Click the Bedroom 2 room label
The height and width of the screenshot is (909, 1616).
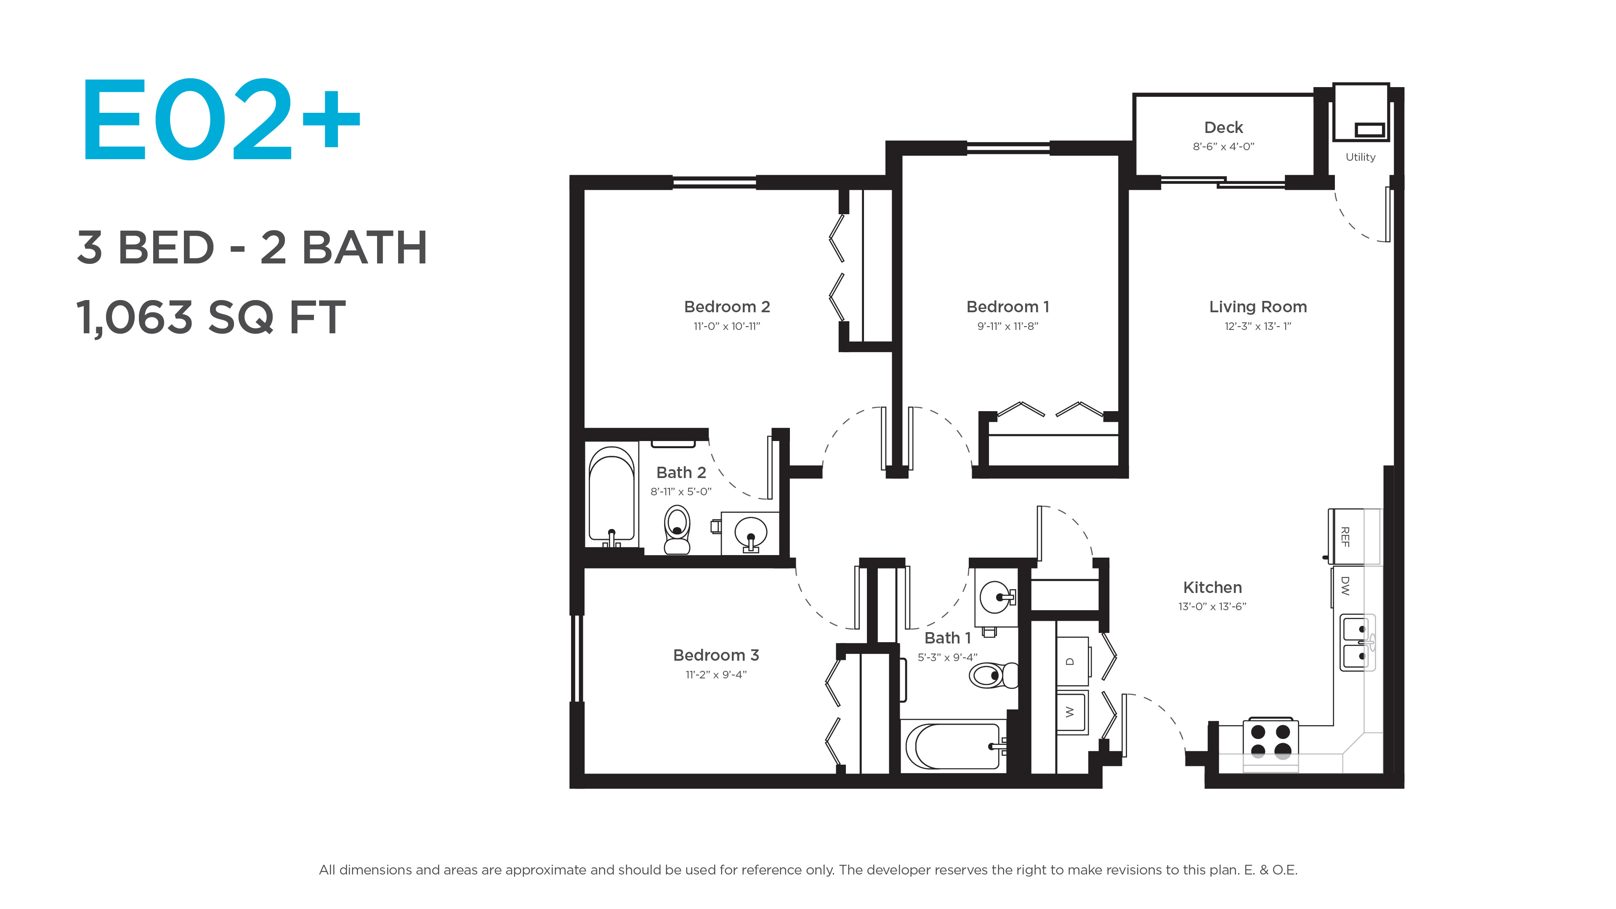[726, 307]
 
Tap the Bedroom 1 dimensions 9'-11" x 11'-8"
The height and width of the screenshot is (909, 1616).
[1007, 326]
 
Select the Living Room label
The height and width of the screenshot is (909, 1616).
[1258, 307]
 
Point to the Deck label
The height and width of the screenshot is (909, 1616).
[1223, 128]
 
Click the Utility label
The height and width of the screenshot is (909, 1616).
[1360, 157]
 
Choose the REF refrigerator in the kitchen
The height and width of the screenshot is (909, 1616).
[1355, 537]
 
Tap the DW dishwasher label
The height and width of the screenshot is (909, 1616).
[1345, 586]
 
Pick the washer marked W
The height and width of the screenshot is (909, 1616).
[1071, 712]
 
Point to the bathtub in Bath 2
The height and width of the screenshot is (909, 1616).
[611, 496]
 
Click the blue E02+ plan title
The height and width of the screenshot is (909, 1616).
[221, 119]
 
